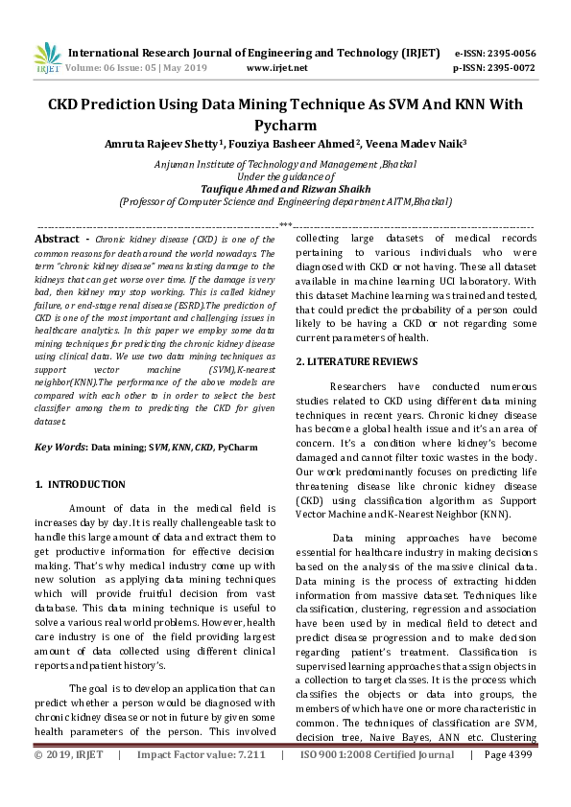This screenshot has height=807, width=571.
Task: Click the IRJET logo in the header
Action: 47,58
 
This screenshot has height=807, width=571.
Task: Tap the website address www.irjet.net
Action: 276,68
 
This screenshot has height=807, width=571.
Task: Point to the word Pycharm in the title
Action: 285,126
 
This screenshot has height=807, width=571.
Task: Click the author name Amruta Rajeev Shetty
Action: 162,144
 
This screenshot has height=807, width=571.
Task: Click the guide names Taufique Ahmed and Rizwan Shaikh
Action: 285,189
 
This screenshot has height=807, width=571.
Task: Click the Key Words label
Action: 60,447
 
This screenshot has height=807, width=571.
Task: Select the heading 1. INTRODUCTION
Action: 81,485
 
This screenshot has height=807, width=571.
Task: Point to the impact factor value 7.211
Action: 247,782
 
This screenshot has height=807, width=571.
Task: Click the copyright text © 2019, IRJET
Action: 69,782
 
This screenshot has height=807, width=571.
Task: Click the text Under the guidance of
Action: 285,176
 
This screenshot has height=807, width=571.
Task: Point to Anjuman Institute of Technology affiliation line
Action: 285,164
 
